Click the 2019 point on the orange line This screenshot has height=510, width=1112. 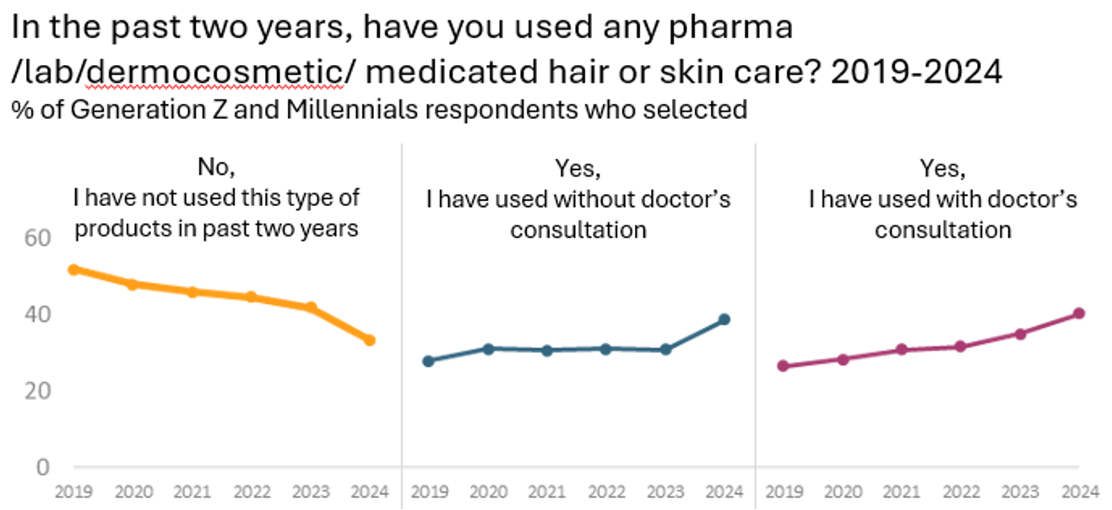(73, 269)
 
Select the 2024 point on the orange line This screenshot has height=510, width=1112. (369, 340)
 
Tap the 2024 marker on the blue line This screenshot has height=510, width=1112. (724, 319)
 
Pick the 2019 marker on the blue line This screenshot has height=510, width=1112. (428, 361)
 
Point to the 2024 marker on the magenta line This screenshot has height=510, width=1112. (1078, 313)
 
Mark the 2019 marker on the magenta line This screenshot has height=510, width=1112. (783, 366)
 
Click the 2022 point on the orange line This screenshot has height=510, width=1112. (251, 297)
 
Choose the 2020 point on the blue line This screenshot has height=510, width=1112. (487, 348)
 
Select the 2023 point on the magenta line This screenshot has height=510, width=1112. (1019, 334)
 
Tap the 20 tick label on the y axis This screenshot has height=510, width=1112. (38, 391)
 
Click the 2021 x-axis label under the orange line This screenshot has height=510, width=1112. (192, 492)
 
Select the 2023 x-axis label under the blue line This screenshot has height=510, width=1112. (664, 492)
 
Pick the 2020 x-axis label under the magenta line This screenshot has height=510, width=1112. (842, 492)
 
